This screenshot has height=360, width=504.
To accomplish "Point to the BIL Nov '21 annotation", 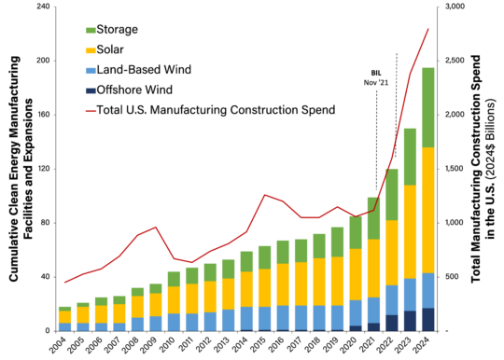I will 376,76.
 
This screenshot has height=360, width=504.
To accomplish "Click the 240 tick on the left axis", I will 41,7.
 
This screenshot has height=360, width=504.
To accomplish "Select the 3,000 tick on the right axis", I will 455,7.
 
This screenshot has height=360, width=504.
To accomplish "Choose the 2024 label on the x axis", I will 427,346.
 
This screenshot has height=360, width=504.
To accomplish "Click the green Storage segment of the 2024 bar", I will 427,107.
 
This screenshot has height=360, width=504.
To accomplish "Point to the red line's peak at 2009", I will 156,228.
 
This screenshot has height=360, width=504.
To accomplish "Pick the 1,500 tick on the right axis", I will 455,169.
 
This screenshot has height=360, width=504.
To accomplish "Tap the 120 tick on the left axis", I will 41,169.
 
